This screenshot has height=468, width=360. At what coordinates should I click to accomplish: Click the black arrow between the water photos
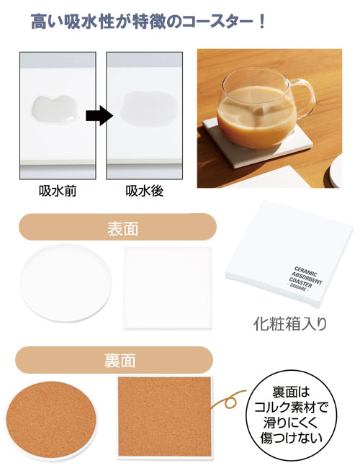(99, 115)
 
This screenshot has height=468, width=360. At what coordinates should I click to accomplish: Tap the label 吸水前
(58, 191)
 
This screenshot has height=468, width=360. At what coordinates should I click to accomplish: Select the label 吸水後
(145, 191)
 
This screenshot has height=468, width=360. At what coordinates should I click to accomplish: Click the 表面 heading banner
(117, 227)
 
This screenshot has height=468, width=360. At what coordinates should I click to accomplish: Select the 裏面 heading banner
(114, 360)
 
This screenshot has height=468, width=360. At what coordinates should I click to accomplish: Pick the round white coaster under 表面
(66, 283)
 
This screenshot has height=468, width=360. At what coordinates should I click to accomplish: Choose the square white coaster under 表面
(168, 288)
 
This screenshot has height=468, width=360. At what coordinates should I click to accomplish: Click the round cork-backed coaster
(51, 420)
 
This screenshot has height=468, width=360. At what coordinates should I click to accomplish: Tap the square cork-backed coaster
(165, 418)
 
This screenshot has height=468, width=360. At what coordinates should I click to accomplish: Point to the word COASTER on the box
(300, 283)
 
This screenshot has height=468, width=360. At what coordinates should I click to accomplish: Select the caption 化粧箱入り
(290, 324)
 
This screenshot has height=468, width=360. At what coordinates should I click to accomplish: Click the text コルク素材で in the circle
(291, 407)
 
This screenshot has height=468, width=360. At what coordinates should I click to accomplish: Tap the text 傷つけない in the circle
(292, 438)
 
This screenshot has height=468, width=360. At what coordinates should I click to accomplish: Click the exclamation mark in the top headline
(262, 22)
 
